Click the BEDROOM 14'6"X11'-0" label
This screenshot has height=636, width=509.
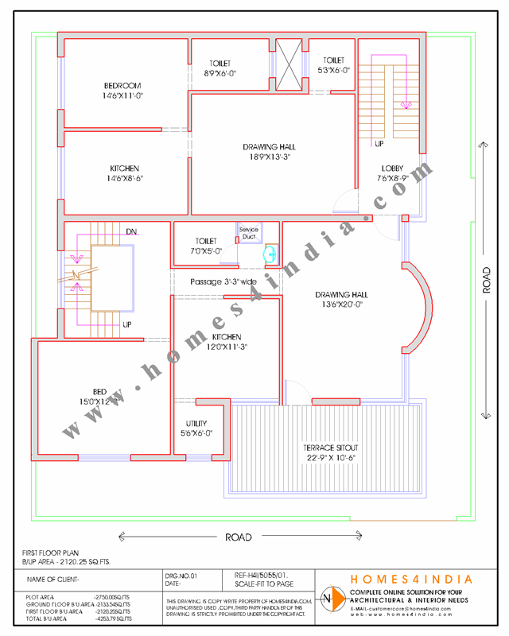[122, 91]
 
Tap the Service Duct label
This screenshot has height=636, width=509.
[249, 232]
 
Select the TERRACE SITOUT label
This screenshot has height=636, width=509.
[332, 452]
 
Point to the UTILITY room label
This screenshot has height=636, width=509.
[196, 428]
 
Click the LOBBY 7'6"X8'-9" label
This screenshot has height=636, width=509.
[392, 173]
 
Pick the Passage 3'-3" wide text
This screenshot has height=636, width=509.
[223, 281]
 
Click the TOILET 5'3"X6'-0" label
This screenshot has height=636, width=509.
[333, 65]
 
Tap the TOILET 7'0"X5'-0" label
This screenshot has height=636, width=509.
[206, 246]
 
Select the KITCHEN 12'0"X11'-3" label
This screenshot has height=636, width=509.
[227, 342]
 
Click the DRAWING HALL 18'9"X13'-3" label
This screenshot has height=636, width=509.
[269, 152]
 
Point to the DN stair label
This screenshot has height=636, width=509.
[131, 231]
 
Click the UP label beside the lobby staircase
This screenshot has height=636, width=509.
[379, 144]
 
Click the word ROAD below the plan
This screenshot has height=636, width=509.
[239, 537]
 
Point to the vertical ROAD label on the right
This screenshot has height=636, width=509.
[487, 281]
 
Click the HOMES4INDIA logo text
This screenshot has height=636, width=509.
[412, 580]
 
